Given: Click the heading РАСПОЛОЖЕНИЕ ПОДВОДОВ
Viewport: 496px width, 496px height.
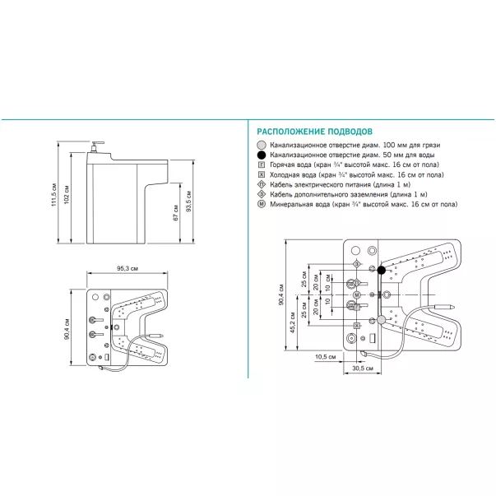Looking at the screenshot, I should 316,131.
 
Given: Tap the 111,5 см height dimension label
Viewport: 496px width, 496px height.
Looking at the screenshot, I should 53,194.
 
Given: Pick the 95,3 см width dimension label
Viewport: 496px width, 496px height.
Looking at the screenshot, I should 127,269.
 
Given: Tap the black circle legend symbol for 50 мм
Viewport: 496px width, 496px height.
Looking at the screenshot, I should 262,155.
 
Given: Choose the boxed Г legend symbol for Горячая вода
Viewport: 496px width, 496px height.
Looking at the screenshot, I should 262,165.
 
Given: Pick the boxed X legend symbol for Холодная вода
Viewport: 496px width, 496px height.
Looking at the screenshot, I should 262,174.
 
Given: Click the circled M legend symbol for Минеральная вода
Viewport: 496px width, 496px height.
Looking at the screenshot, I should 262,203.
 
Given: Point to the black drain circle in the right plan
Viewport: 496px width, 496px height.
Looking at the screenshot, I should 381,270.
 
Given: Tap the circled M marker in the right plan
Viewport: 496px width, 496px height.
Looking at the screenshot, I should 357,294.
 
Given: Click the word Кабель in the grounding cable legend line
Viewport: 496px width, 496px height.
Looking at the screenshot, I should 282,194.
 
